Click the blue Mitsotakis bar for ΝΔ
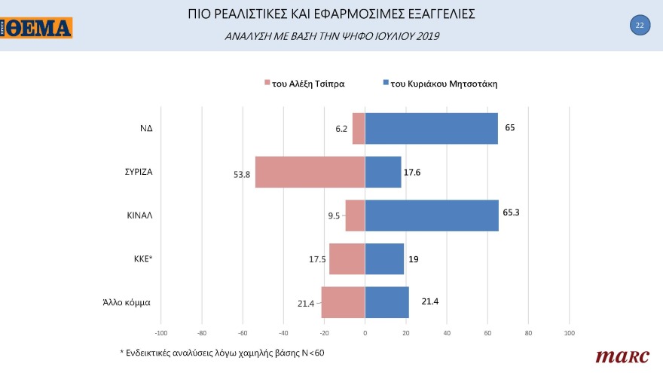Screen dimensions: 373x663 tap(431, 128)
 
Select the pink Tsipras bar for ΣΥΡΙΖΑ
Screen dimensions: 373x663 tap(310, 172)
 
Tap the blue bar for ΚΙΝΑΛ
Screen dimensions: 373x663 tap(432, 216)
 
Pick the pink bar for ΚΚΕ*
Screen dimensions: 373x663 tap(347, 259)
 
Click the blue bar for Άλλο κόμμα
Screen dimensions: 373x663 tap(386, 302)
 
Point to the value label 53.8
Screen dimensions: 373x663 tap(243, 174)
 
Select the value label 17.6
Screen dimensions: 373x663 tap(412, 173)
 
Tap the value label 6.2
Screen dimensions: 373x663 tap(341, 129)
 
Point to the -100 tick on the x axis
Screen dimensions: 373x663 tap(160, 332)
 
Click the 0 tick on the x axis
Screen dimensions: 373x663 tap(365, 332)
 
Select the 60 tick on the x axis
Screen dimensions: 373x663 tap(487, 332)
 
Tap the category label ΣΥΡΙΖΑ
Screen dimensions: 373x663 tap(140, 172)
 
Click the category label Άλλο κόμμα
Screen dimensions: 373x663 tap(127, 302)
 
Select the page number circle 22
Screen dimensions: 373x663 tap(639, 26)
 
